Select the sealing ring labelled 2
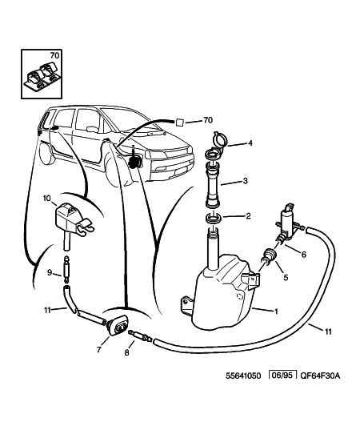(214, 217)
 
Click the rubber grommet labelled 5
(269, 256)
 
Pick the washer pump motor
(288, 223)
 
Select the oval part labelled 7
(118, 325)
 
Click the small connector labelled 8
(140, 336)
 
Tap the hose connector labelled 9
(66, 270)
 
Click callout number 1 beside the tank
(276, 311)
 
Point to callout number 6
(304, 255)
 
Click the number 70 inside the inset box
(54, 55)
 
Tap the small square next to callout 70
(179, 122)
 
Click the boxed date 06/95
(282, 376)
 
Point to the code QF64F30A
(320, 376)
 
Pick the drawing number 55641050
(243, 376)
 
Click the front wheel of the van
(114, 170)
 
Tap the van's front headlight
(154, 155)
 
